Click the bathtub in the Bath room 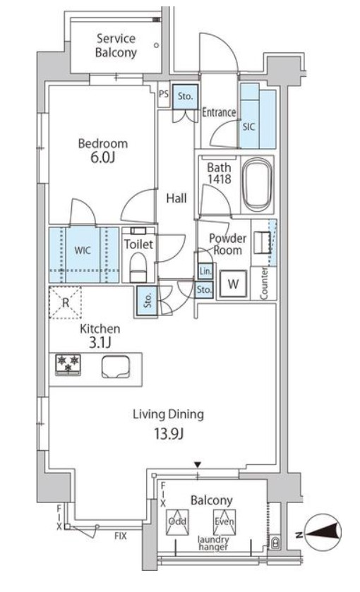[257, 185]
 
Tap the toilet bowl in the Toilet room [138, 267]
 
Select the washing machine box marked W [233, 284]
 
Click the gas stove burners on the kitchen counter [68, 364]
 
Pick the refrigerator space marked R [66, 303]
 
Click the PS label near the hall [164, 94]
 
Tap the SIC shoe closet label [248, 127]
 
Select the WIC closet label [83, 250]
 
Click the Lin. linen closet [205, 271]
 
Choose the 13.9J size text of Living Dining [169, 434]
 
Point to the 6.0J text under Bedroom [102, 157]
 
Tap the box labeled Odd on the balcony [177, 521]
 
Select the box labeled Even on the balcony [224, 521]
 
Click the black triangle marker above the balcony [197, 464]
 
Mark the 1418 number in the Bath [220, 179]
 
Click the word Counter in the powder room [264, 283]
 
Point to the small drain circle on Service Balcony [157, 46]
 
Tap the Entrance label [219, 112]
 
